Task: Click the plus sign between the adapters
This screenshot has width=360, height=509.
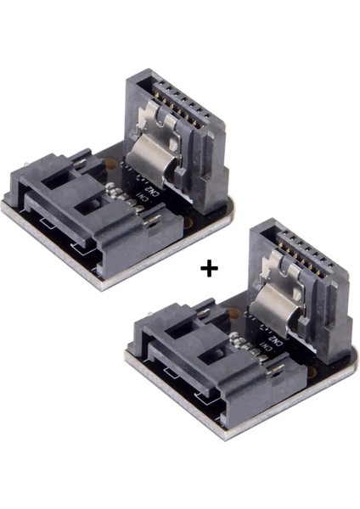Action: click(207, 268)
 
